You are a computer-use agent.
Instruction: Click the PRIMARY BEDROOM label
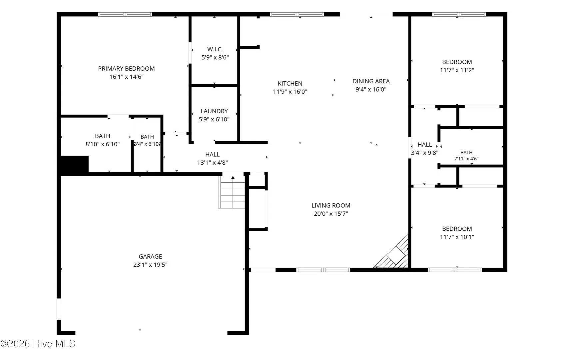click(126, 69)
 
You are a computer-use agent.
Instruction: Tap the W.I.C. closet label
click(215, 49)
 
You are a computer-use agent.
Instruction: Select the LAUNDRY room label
click(214, 111)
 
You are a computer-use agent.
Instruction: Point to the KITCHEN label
click(290, 83)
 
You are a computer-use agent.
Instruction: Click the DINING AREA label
click(371, 81)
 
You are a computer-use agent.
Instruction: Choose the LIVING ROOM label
click(331, 205)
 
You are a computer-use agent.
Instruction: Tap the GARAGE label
click(150, 256)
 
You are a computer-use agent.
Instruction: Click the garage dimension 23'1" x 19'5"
click(150, 265)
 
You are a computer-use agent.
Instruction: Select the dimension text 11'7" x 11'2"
click(457, 70)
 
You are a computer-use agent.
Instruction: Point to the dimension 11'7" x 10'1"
click(457, 237)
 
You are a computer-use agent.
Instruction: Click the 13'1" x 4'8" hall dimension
click(213, 162)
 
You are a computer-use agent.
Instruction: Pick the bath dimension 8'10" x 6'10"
click(103, 144)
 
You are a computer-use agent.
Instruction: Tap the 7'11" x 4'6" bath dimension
click(466, 159)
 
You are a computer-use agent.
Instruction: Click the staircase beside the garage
click(232, 192)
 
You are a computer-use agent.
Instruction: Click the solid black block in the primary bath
click(75, 164)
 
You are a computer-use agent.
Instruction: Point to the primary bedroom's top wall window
click(125, 14)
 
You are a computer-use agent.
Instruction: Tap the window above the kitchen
click(297, 14)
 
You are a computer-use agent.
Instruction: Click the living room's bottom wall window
click(323, 270)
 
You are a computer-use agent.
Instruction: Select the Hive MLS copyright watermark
click(38, 344)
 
